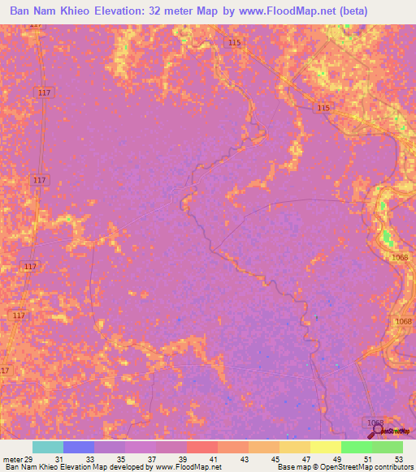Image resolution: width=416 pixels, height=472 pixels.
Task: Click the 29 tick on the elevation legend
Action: (x=31, y=460)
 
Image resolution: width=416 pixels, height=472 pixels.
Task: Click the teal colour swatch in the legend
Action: (x=48, y=447)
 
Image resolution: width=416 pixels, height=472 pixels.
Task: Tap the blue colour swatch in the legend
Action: (x=79, y=447)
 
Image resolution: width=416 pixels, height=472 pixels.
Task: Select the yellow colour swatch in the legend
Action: (x=326, y=447)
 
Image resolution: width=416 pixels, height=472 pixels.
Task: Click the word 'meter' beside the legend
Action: (x=12, y=460)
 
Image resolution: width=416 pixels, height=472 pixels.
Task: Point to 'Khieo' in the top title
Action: (x=100, y=11)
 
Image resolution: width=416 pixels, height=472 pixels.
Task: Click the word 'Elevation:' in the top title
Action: (x=152, y=11)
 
